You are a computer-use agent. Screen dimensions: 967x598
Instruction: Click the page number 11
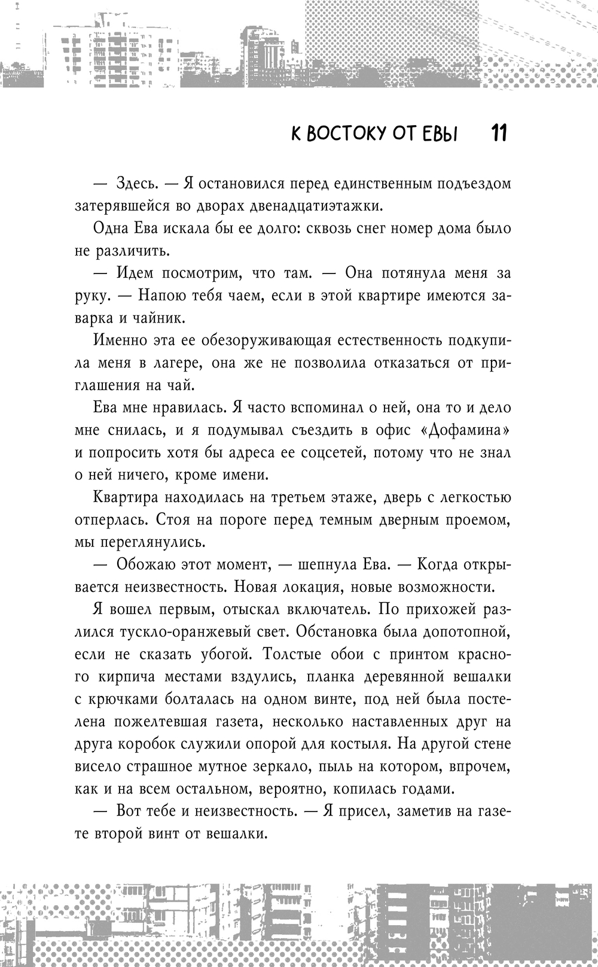[x=499, y=133]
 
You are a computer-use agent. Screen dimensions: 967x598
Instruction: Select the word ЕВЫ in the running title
[x=439, y=133]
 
